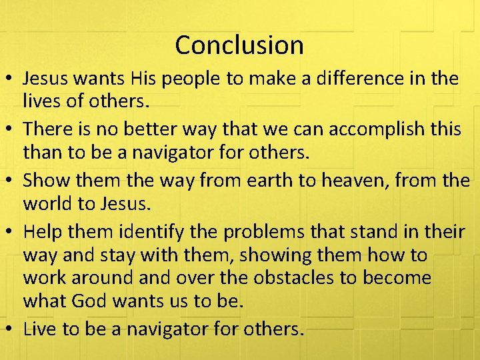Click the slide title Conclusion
[239, 45]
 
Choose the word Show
[43, 180]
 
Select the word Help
[42, 231]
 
